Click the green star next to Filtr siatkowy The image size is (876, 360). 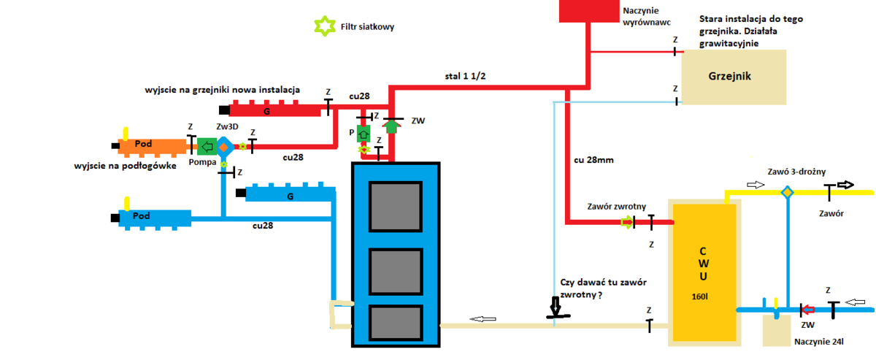322,26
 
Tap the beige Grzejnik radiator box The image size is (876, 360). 734,77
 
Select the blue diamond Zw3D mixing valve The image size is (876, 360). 224,147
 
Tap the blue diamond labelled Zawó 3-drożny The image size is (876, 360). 787,193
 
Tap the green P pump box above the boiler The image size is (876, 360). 364,134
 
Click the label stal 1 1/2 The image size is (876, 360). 466,75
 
